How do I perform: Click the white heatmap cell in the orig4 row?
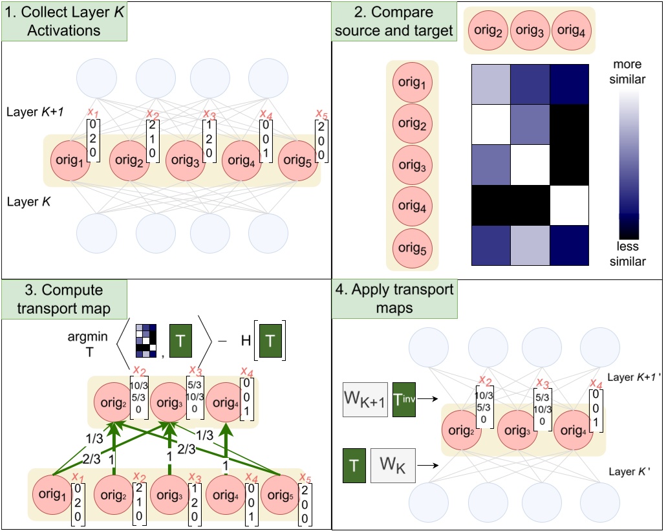[568, 205]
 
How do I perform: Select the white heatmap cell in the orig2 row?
[490, 125]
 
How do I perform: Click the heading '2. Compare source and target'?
[394, 22]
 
